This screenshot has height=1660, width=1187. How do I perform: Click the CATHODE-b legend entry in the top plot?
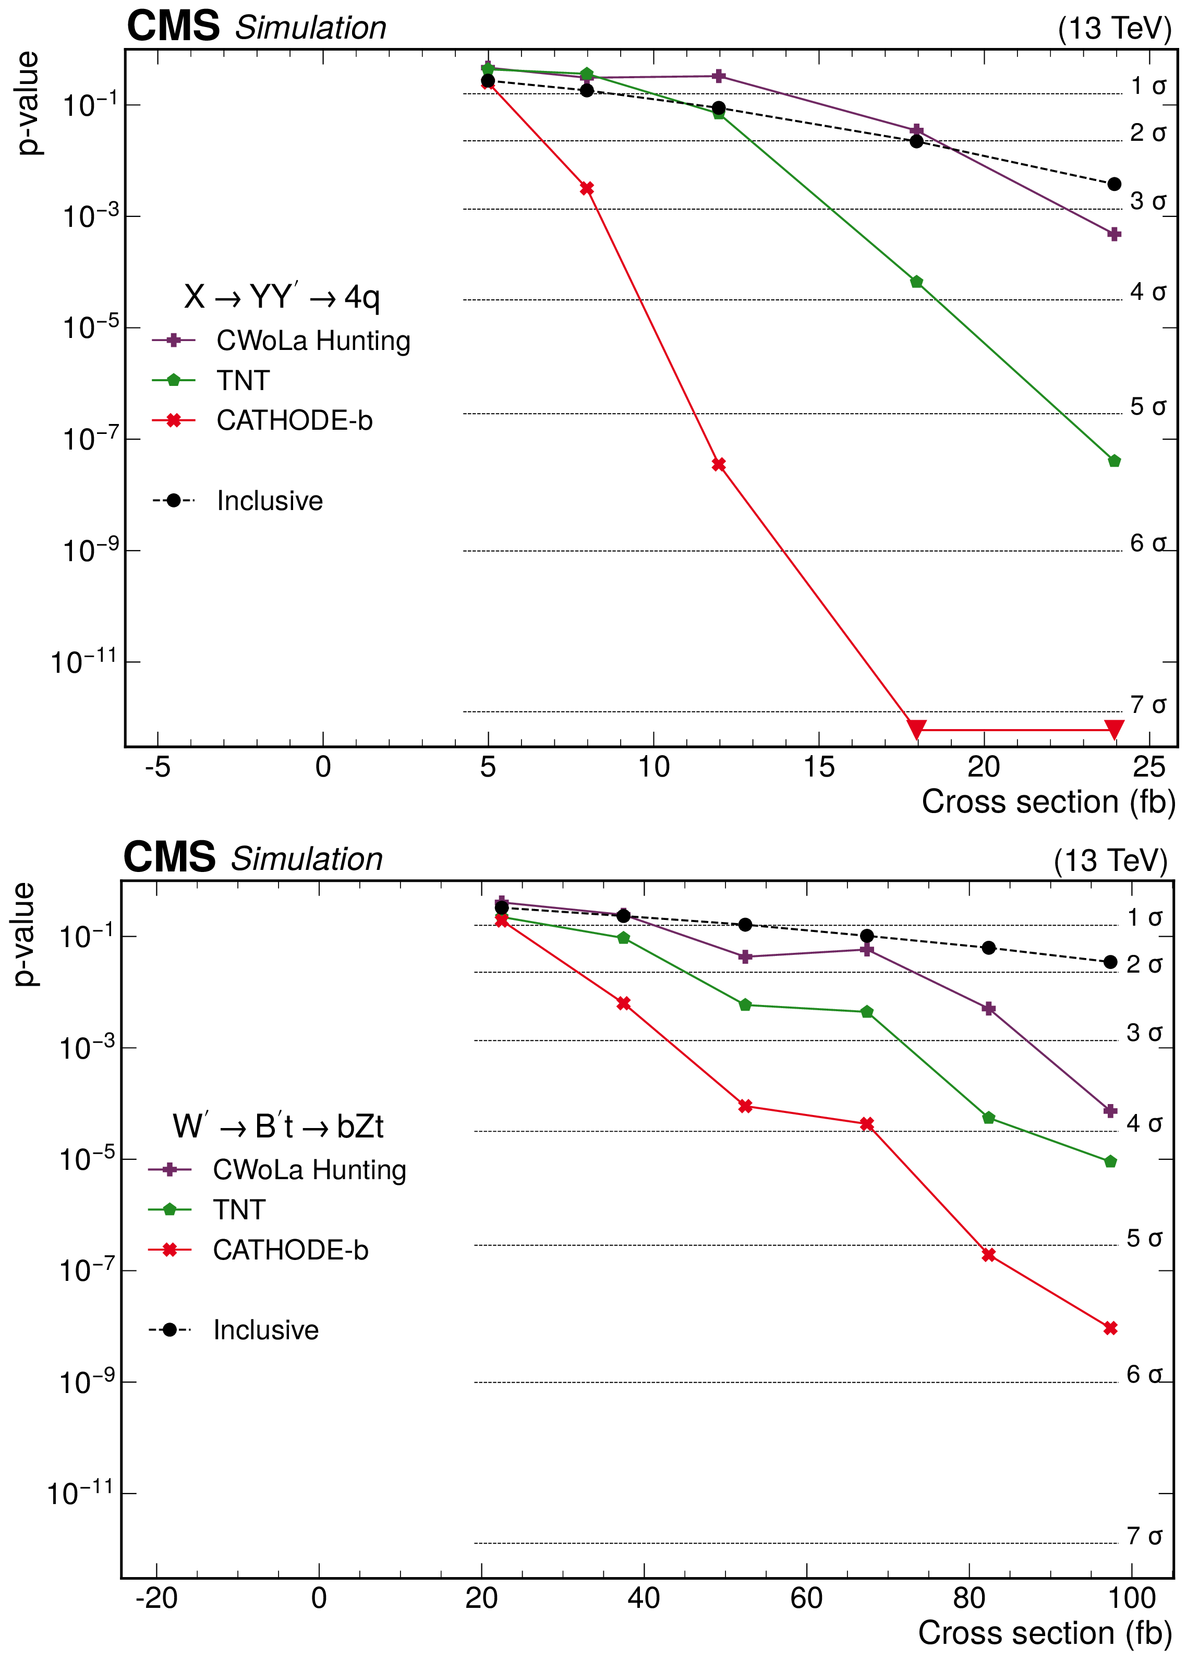294,420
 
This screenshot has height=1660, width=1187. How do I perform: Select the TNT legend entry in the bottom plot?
239,1210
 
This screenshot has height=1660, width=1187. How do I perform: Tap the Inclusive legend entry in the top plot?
269,501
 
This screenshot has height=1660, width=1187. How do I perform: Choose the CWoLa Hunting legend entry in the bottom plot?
309,1170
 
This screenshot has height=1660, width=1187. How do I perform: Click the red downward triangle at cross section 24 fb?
1114,728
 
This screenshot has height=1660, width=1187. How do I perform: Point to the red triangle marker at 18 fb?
916,728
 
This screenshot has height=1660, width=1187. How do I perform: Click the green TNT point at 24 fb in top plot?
1114,461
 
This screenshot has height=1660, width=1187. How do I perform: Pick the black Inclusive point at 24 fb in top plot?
1114,184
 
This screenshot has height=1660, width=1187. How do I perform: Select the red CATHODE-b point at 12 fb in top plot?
719,464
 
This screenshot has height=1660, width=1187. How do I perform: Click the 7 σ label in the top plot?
1147,705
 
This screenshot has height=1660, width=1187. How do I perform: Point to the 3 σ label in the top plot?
1147,201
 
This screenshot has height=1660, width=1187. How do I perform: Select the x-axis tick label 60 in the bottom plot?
806,1598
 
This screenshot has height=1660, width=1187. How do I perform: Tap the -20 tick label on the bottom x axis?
156,1598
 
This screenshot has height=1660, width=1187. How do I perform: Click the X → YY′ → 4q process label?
282,297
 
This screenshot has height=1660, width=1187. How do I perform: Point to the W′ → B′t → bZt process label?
278,1126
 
